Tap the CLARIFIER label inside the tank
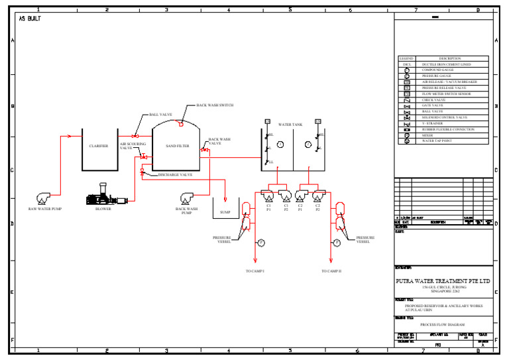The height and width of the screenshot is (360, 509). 99,146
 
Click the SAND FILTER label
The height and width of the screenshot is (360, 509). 177,146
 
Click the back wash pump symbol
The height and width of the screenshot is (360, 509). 187,198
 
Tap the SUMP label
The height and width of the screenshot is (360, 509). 225,213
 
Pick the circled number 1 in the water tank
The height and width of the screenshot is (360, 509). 280,145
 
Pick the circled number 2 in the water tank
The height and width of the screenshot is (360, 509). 308,145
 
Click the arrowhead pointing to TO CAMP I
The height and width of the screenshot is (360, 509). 255,261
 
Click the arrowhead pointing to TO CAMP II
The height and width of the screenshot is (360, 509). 331,261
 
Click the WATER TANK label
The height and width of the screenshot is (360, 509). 290,124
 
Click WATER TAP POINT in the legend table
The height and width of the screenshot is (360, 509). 437,141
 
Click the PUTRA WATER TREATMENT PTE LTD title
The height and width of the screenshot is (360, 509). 443,281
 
